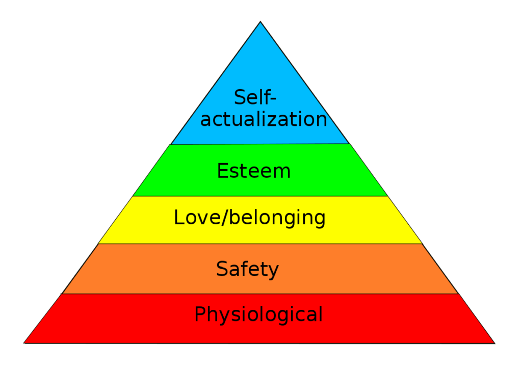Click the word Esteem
click(x=254, y=171)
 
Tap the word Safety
click(x=247, y=270)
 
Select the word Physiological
click(x=258, y=314)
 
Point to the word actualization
click(x=264, y=119)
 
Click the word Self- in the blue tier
click(x=255, y=97)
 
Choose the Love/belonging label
click(x=250, y=218)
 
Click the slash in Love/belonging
click(x=225, y=218)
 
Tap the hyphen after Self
click(x=273, y=99)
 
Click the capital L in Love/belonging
click(x=179, y=217)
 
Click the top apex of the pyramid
click(x=260, y=21)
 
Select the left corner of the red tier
click(x=24, y=342)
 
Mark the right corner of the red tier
click(x=495, y=343)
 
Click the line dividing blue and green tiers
click(x=259, y=144)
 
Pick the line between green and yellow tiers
click(x=260, y=196)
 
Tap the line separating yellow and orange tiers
click(x=260, y=244)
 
